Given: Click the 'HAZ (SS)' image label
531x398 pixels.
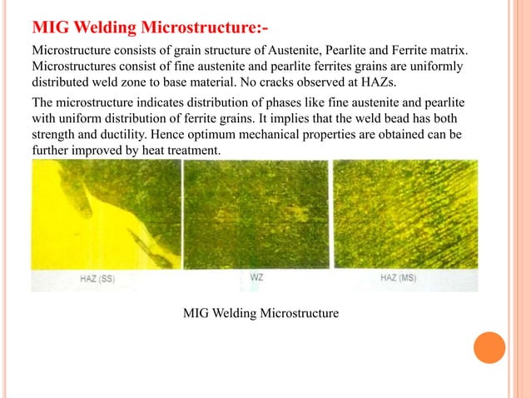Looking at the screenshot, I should tap(97, 279).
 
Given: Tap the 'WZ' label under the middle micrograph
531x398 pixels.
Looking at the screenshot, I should tap(257, 277).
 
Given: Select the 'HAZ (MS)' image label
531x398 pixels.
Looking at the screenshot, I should tap(400, 277).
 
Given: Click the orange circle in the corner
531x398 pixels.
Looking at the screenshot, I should tap(489, 347).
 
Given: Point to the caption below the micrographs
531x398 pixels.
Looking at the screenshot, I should tap(261, 313).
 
